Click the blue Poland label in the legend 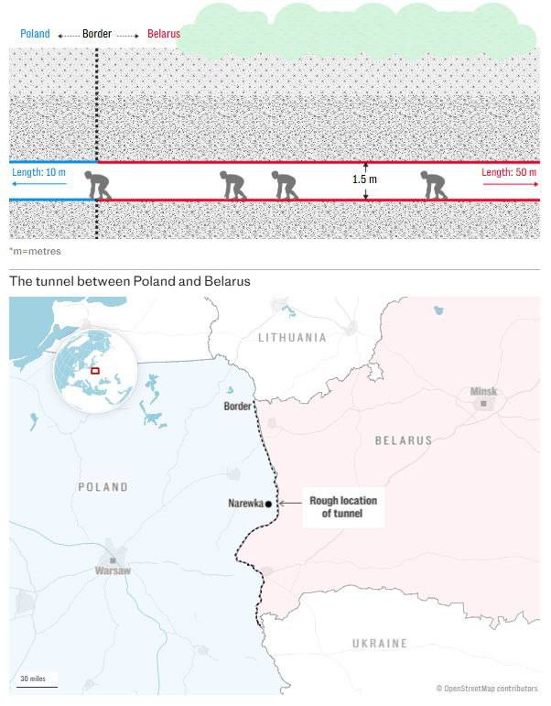tap(35, 35)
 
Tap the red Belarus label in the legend tap(162, 35)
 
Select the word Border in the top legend tap(97, 35)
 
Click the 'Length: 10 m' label tap(39, 172)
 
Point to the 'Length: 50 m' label tap(510, 172)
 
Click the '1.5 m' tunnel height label tap(364, 179)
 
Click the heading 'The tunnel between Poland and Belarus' tap(130, 281)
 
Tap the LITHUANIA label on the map tap(292, 338)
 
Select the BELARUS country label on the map tap(404, 440)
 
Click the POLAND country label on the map tap(103, 487)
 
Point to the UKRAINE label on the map tap(380, 644)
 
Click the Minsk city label tap(483, 392)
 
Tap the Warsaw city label tap(113, 570)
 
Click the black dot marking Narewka tap(268, 504)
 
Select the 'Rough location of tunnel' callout tap(342, 507)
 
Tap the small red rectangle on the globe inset tap(94, 371)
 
